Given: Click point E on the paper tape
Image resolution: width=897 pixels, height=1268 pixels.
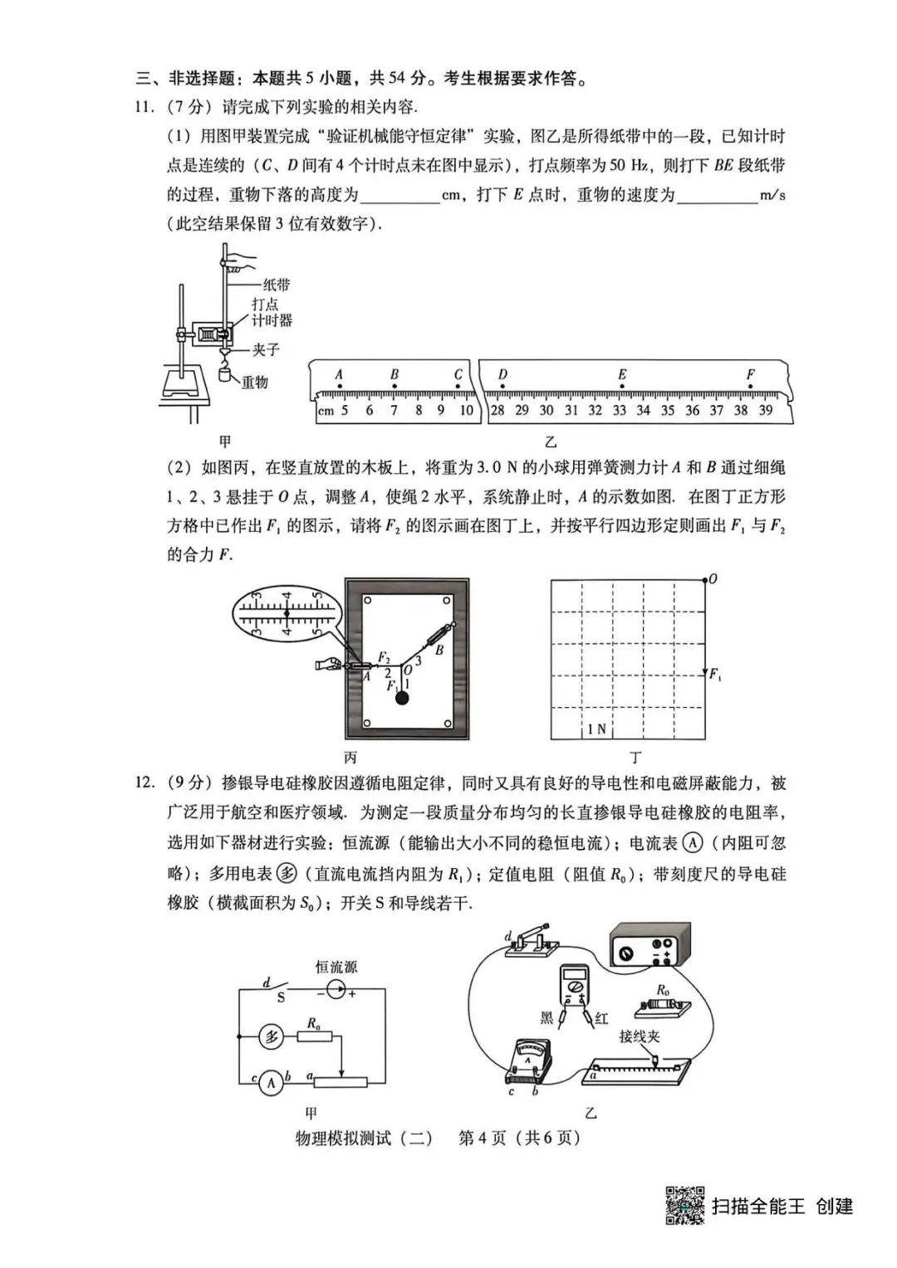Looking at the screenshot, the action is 621,375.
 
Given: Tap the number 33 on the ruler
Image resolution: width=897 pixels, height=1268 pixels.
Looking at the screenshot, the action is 619,410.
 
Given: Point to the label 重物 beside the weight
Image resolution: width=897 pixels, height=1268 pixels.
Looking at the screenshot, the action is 254,383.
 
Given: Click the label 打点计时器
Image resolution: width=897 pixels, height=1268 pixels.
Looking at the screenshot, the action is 272,312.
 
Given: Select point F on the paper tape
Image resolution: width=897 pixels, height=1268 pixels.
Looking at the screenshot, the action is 750,375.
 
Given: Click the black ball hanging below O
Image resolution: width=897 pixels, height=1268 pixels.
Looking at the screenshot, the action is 402,698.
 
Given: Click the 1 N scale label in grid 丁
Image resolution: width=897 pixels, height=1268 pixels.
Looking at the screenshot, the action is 596,729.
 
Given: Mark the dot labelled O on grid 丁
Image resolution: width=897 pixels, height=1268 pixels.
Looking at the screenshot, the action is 705,579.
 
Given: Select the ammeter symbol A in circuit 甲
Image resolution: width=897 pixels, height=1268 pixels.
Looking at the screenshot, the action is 271,1082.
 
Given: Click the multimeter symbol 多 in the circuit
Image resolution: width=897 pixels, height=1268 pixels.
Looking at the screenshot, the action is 272,1036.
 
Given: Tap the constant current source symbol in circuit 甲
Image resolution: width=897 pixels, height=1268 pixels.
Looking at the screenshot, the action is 335,989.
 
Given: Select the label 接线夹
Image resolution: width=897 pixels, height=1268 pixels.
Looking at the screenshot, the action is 640,1036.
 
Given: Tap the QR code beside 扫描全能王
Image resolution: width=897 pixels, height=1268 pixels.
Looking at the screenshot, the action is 685,1205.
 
